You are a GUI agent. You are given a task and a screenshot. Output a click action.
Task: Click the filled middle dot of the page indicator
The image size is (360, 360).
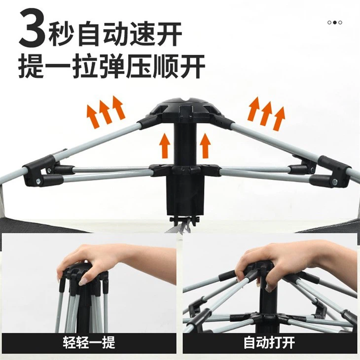335,23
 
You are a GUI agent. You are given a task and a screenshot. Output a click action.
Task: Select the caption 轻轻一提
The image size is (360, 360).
89,343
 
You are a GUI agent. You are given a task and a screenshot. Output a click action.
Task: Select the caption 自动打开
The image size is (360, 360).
269,343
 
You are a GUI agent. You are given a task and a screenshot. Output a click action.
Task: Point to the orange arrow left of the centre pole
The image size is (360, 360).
165,145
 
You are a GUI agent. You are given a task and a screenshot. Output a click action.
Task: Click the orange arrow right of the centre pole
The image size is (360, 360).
205,145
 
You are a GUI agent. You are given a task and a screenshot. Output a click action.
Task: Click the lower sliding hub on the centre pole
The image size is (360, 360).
185,170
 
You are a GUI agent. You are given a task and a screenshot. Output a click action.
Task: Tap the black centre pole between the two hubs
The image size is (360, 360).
185,144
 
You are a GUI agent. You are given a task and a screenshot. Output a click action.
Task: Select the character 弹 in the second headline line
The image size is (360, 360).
112,67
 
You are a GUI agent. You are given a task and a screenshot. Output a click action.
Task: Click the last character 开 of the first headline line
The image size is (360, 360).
169,34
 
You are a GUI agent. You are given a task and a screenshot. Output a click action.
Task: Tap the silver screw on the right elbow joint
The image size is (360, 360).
334,182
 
